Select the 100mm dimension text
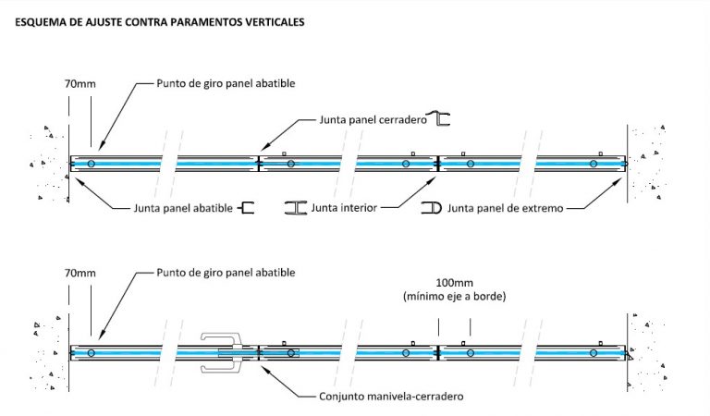[454, 281]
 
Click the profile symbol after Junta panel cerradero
[444, 118]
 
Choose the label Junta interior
[345, 209]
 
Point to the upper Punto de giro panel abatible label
[226, 83]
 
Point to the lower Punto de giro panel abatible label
[226, 274]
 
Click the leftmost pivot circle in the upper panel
[91, 164]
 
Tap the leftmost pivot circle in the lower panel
[91, 353]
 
